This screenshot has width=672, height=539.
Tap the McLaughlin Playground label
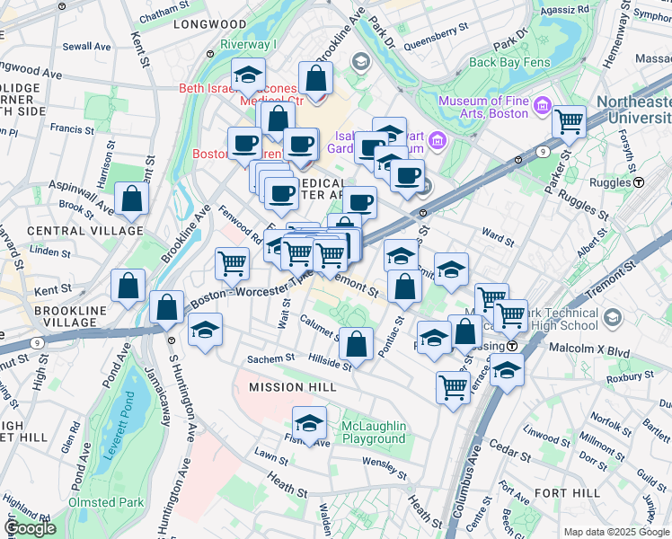(x=374, y=432)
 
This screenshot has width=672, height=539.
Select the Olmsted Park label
(x=105, y=502)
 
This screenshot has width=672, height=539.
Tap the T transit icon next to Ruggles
(x=639, y=181)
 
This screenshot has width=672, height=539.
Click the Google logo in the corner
(x=31, y=529)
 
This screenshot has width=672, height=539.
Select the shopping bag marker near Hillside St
(x=357, y=344)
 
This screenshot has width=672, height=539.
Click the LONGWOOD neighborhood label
(x=211, y=24)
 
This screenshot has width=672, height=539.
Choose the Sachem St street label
(x=271, y=358)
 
